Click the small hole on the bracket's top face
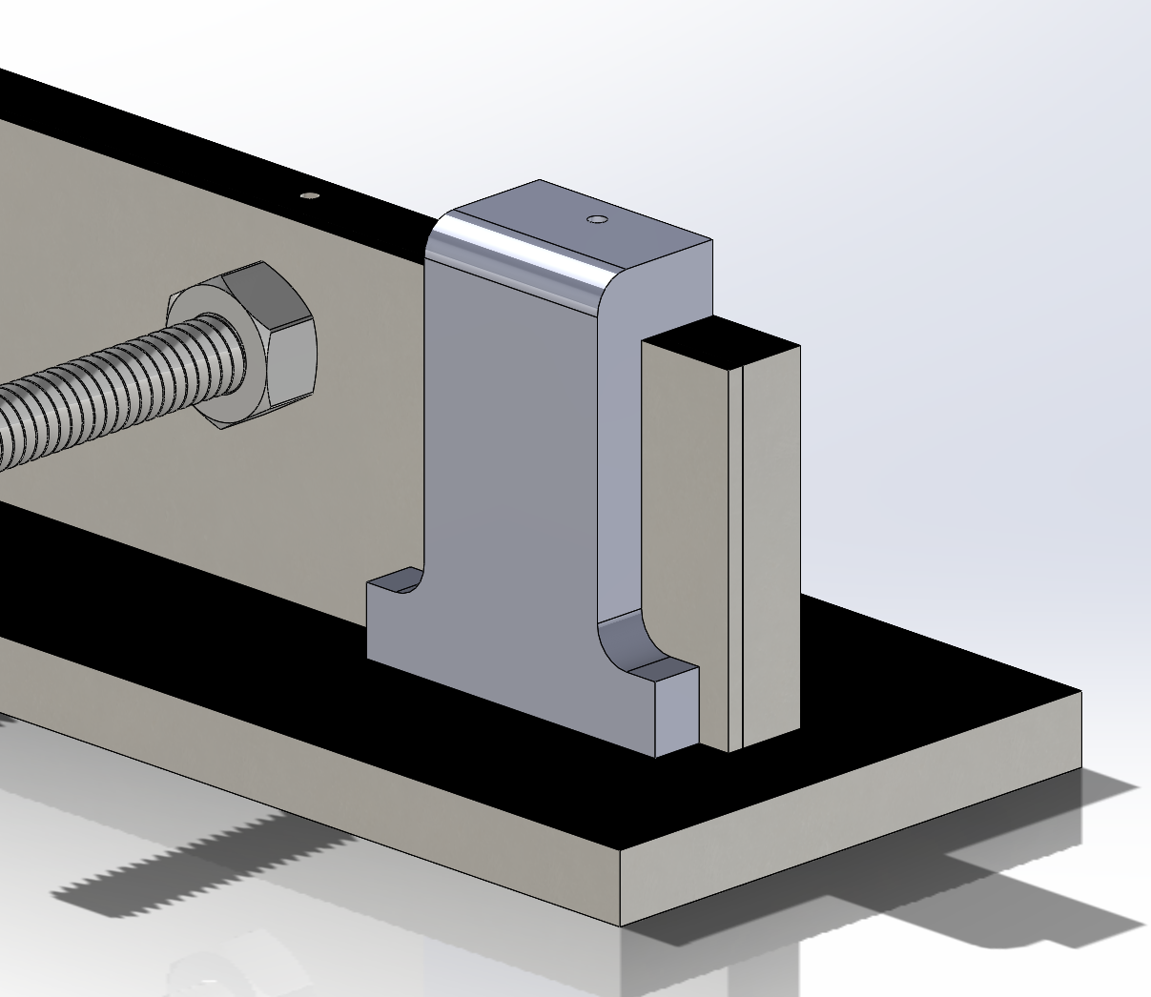click(x=597, y=219)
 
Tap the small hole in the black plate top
click(x=309, y=196)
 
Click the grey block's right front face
click(x=771, y=543)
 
